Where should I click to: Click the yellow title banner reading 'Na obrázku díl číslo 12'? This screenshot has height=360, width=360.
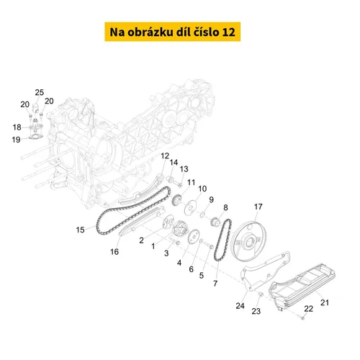click(172, 32)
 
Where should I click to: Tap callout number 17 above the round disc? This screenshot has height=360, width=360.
click(258, 207)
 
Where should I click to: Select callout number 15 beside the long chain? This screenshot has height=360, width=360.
click(80, 230)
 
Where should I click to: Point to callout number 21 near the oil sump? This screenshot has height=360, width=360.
click(325, 302)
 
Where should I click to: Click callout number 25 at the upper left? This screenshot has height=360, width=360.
click(40, 92)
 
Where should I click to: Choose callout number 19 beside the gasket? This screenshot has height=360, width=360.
click(16, 140)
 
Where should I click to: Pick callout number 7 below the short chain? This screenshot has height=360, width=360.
click(215, 284)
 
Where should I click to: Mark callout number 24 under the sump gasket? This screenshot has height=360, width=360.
click(240, 306)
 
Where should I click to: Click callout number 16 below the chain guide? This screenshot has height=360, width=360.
click(114, 251)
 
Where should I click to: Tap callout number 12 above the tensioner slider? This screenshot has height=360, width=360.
click(165, 156)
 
